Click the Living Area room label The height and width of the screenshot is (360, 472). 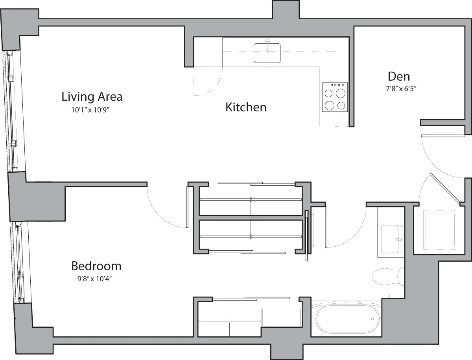[x=92, y=96]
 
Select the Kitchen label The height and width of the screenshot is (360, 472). [x=246, y=107]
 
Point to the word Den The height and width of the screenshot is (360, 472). [x=398, y=76]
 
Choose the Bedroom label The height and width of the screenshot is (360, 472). [x=96, y=266]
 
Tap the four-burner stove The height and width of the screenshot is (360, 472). [x=335, y=97]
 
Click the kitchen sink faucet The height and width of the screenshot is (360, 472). [x=267, y=43]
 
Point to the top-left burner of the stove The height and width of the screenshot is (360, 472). [x=328, y=93]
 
